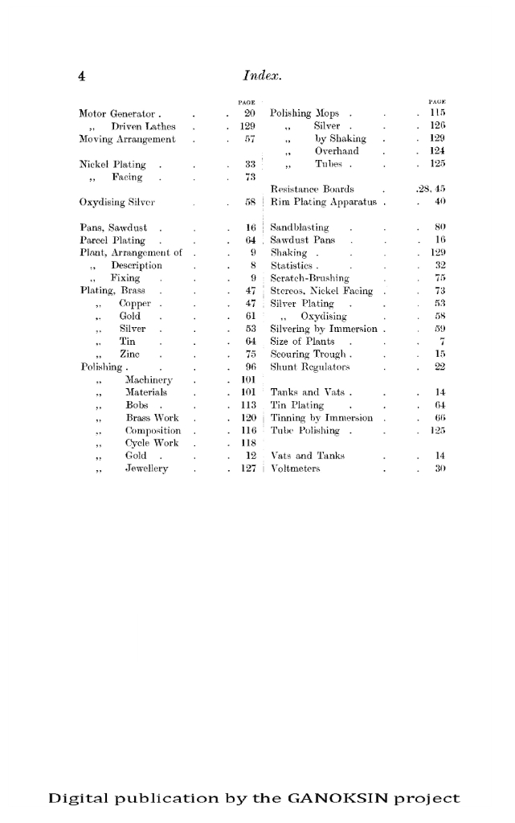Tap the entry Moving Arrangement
(x=127, y=139)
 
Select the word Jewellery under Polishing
(x=147, y=469)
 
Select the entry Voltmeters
(x=296, y=469)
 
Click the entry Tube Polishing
(x=307, y=430)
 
